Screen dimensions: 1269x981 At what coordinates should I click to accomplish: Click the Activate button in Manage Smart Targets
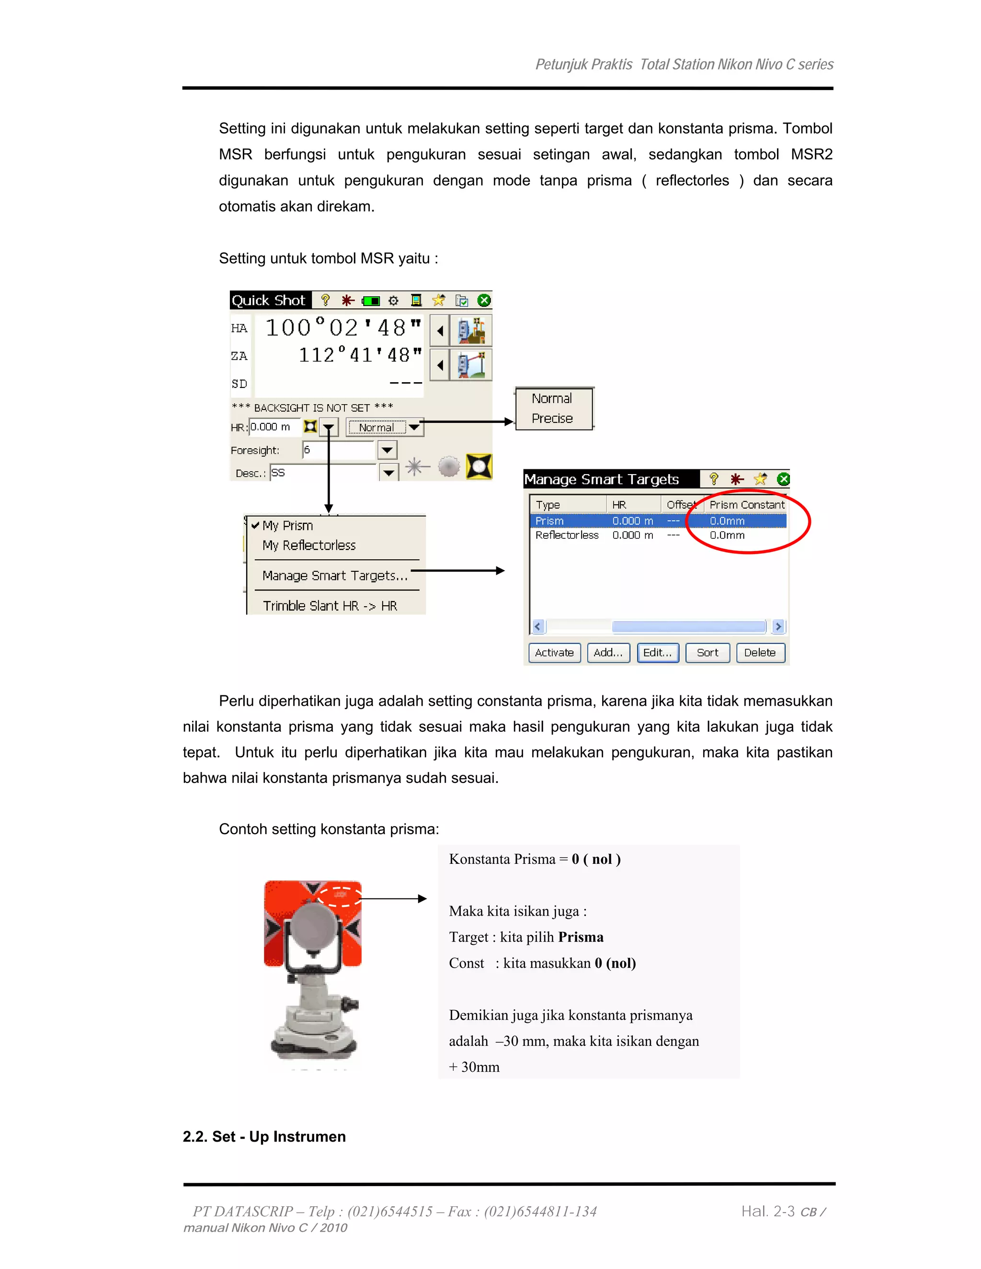tap(554, 653)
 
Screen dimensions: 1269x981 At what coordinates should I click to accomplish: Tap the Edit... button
tap(657, 653)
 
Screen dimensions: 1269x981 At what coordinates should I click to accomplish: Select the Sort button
tap(707, 653)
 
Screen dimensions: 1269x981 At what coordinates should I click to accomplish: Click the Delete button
tap(760, 653)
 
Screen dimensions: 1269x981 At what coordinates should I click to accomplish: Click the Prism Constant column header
tap(746, 505)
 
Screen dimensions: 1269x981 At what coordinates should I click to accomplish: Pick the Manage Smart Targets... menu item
tap(335, 575)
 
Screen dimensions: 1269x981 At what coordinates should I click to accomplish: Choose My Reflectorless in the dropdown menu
tap(308, 545)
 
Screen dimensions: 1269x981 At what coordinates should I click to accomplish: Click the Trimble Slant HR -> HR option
tap(330, 605)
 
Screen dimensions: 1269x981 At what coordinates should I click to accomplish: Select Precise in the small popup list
tap(552, 419)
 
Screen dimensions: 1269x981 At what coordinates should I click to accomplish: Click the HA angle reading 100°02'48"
tap(343, 328)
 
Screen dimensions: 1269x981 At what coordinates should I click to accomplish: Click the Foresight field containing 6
tap(337, 450)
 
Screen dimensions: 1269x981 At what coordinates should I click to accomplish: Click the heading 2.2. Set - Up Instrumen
tap(264, 1136)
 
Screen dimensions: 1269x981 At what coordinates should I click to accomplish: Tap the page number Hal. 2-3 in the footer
tap(767, 1212)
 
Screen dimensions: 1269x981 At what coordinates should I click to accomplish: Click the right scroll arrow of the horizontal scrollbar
tap(778, 626)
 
